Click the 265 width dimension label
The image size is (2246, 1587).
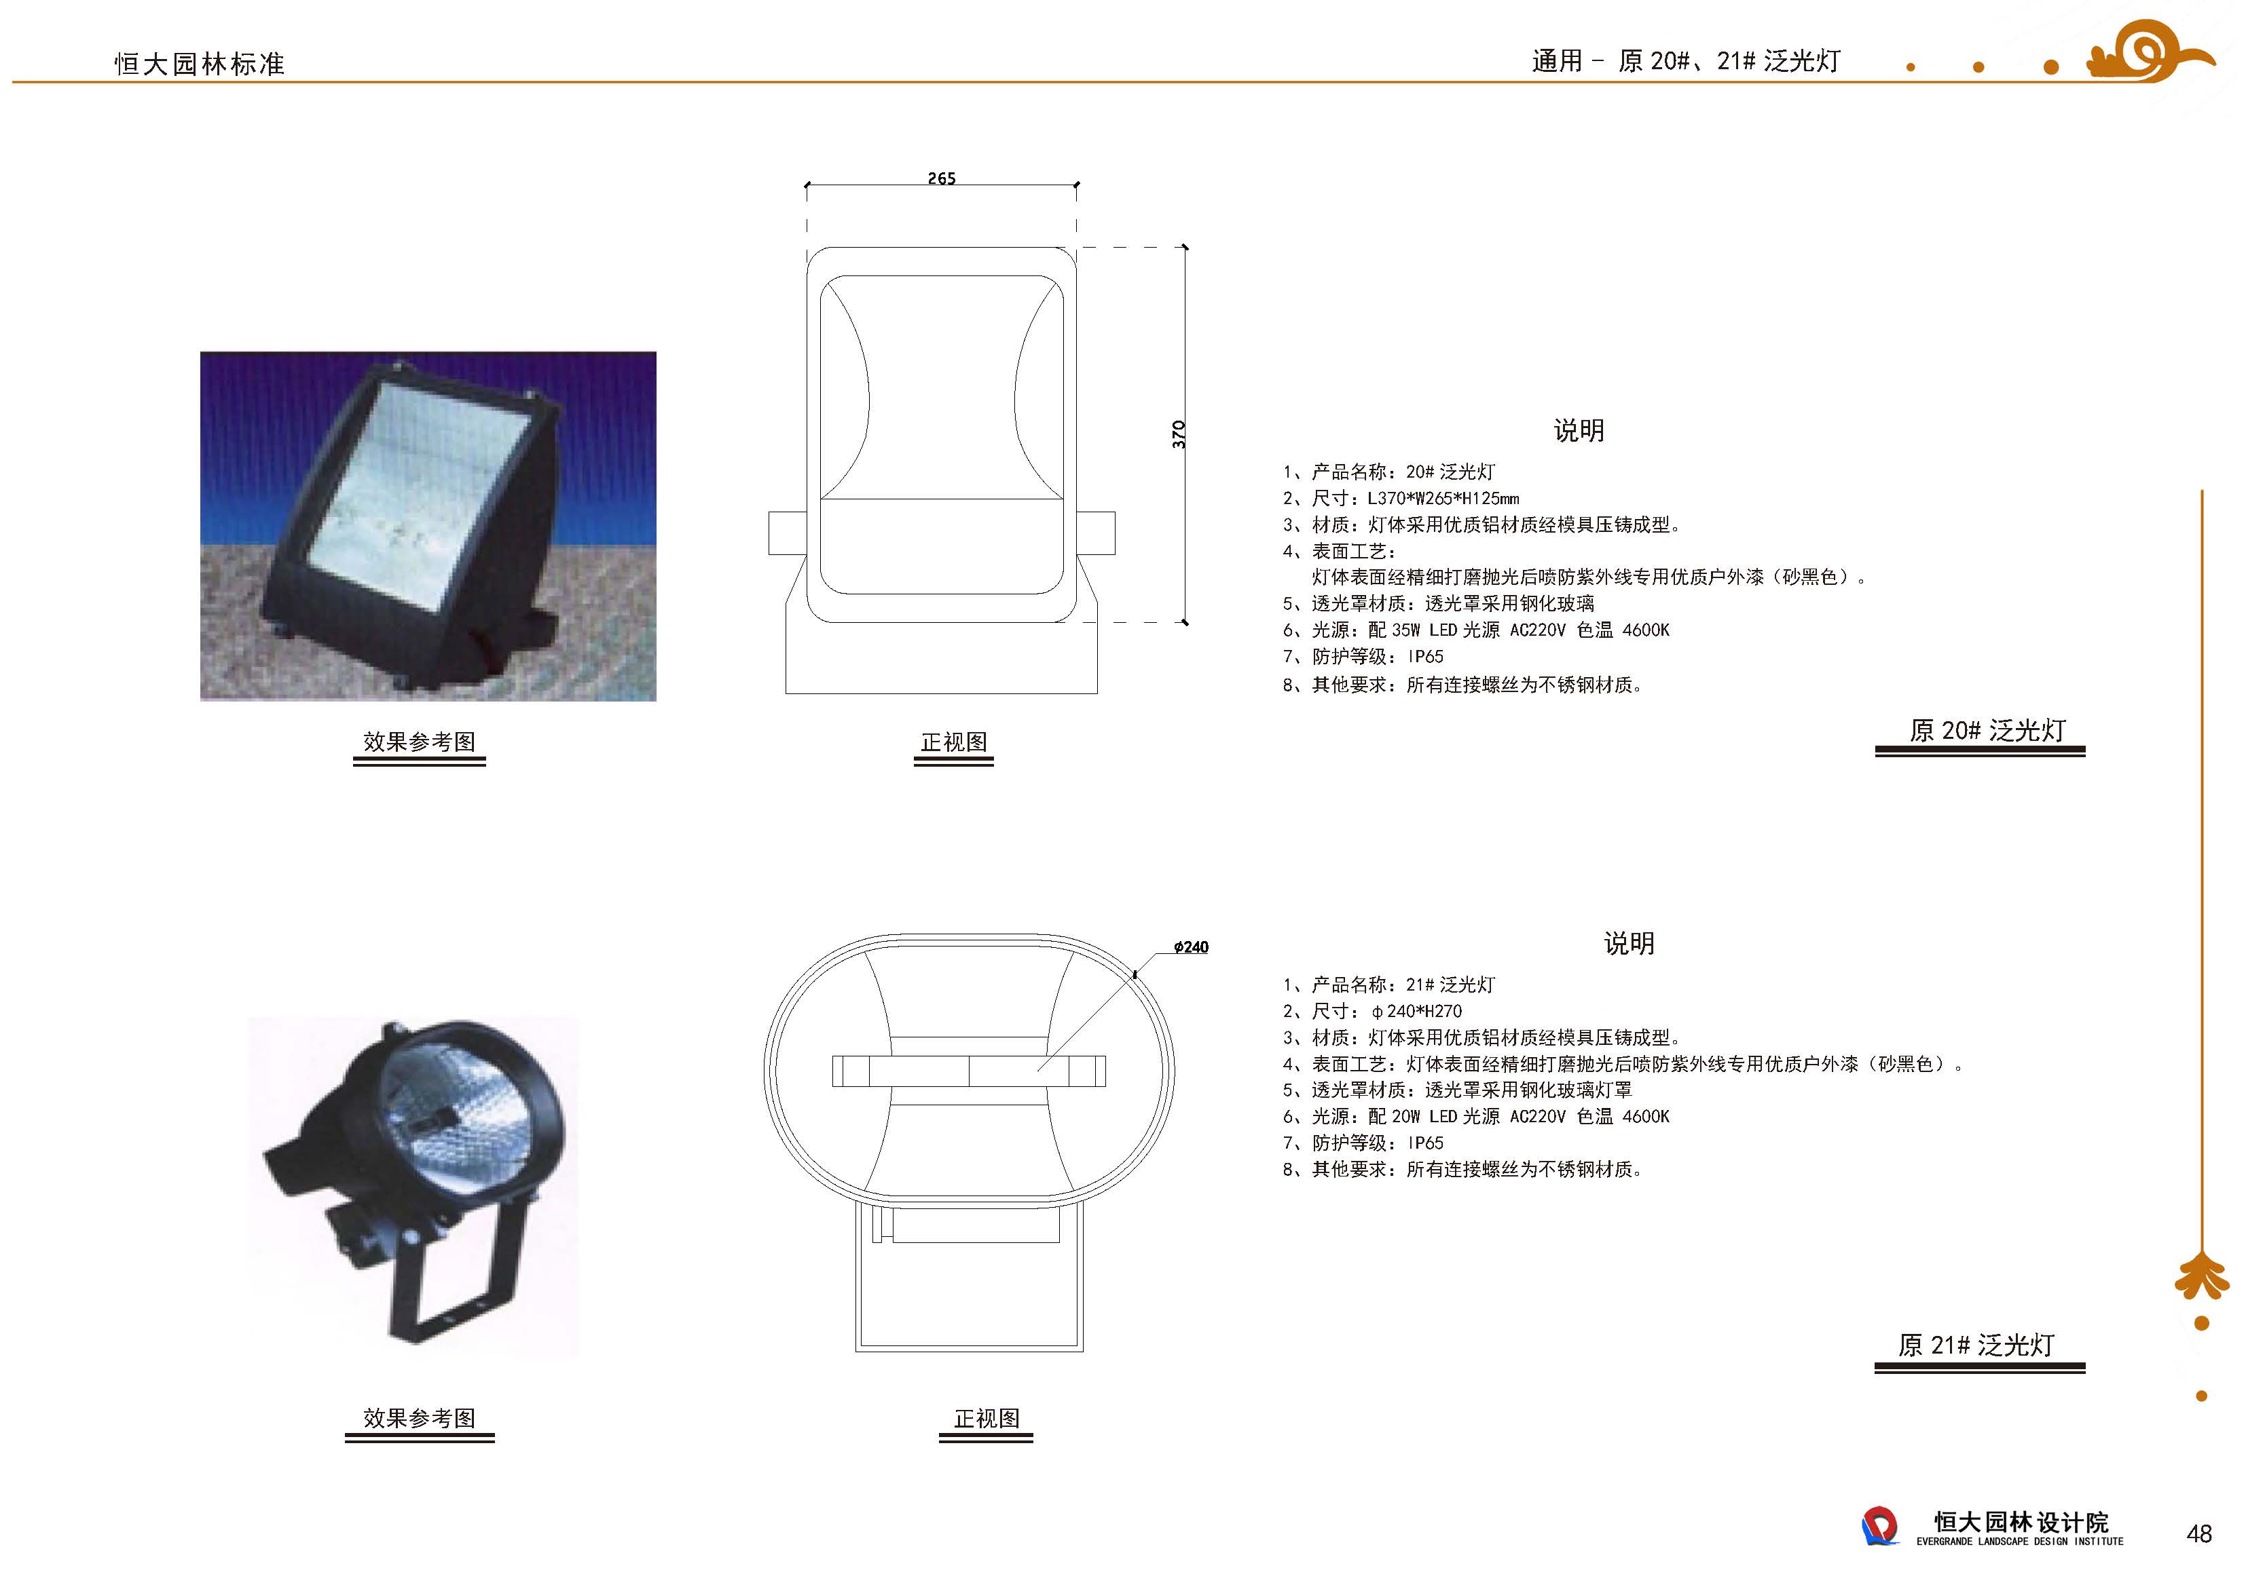click(941, 178)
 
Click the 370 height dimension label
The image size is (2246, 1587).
click(1179, 434)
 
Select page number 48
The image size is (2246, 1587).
click(2199, 1533)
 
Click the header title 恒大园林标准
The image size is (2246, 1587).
click(200, 64)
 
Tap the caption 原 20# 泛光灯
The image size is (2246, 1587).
click(1987, 731)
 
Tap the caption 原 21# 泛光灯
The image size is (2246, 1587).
click(1976, 1345)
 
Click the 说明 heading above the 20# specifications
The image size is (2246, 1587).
click(1579, 430)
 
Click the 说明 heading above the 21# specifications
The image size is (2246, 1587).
click(1629, 944)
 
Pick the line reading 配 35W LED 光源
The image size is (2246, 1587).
click(1433, 630)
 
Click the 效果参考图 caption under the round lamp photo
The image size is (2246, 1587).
click(419, 1418)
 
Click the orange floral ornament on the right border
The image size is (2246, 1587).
click(2202, 1276)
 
